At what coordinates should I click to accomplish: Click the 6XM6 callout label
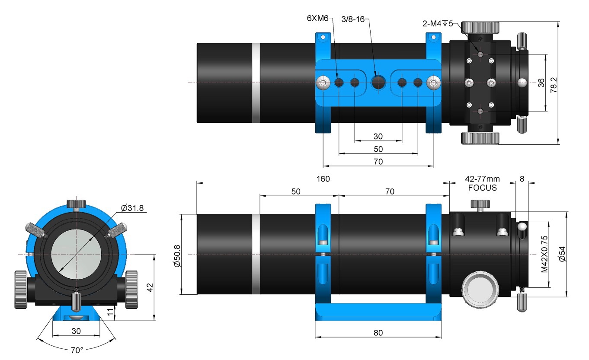click(x=318, y=18)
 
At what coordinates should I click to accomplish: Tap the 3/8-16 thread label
click(x=353, y=19)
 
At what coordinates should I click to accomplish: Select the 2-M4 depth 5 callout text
click(x=438, y=24)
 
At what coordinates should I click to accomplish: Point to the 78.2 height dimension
click(x=554, y=85)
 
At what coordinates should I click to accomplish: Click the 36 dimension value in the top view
click(x=541, y=83)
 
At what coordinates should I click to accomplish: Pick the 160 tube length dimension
click(x=323, y=178)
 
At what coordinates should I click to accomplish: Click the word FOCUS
click(x=482, y=188)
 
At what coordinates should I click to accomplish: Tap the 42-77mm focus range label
click(x=482, y=178)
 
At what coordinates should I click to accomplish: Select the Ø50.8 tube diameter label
click(x=177, y=256)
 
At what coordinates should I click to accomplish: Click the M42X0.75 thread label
click(x=544, y=254)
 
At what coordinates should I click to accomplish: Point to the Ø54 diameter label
click(x=562, y=254)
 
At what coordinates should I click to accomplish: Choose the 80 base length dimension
click(x=378, y=333)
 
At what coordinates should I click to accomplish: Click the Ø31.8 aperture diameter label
click(x=132, y=208)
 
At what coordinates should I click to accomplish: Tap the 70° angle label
click(x=77, y=350)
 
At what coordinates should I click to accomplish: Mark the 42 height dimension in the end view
click(x=150, y=287)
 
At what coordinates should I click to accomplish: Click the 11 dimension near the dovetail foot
click(x=110, y=312)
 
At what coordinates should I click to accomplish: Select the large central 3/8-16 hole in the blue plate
click(x=378, y=83)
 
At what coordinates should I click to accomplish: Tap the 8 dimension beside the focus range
click(x=522, y=178)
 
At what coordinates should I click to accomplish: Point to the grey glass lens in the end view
click(x=76, y=254)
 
